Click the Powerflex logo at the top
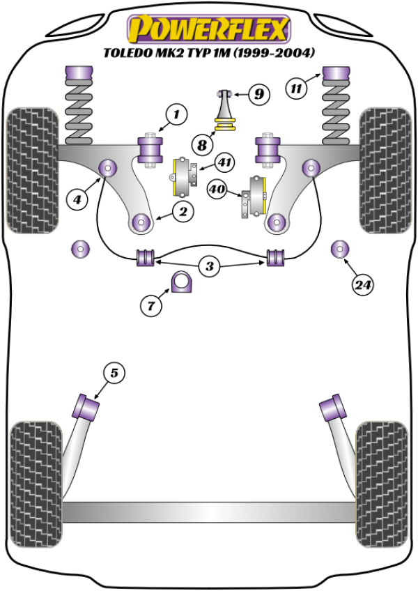click(208, 29)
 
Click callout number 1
click(176, 114)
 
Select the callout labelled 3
click(210, 265)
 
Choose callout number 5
click(114, 374)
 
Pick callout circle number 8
click(202, 145)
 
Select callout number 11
click(297, 89)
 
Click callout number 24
click(362, 284)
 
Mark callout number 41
click(224, 164)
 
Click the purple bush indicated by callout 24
click(339, 248)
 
